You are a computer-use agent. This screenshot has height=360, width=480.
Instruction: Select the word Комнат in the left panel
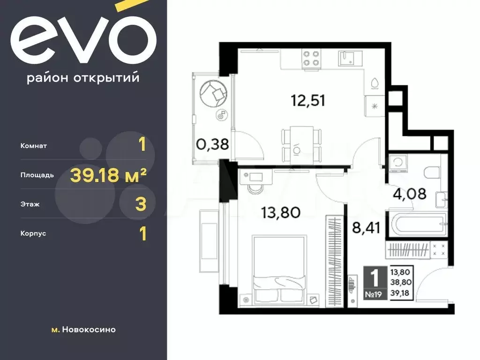tap(34, 146)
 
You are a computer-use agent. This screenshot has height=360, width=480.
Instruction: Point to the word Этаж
tap(30, 204)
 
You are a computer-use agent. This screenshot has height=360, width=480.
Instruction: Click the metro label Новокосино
tap(89, 330)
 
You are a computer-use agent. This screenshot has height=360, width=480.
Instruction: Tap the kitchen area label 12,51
tap(308, 100)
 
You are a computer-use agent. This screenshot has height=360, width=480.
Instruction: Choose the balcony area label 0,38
tap(212, 144)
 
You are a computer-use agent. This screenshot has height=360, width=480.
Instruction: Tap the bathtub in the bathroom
tap(416, 225)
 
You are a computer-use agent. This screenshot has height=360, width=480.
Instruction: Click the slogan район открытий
tap(83, 78)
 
